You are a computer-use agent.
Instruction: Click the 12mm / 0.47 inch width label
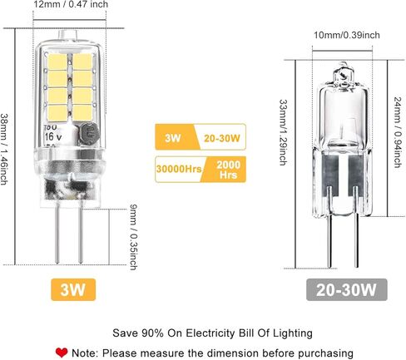[71, 4]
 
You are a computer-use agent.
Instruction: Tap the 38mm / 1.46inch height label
[3, 150]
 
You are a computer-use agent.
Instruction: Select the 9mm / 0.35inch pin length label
[134, 237]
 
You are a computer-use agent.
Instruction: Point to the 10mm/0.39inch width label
[347, 35]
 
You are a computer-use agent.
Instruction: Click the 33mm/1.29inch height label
[283, 132]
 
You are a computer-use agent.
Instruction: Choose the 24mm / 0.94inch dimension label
[398, 132]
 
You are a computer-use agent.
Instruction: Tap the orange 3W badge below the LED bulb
[73, 290]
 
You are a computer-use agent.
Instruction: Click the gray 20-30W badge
[347, 290]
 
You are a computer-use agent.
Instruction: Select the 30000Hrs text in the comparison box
[179, 169]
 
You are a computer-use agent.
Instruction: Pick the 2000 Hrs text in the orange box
[228, 170]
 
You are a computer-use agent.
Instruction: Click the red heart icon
[62, 353]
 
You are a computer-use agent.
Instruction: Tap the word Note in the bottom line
[84, 353]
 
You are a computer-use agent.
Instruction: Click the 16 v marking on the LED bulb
[53, 136]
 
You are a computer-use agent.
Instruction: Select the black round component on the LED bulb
[89, 135]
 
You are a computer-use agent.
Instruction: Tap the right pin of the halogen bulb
[356, 227]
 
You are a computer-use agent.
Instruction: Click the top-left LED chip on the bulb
[57, 62]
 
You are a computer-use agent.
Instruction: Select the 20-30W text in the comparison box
[222, 138]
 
